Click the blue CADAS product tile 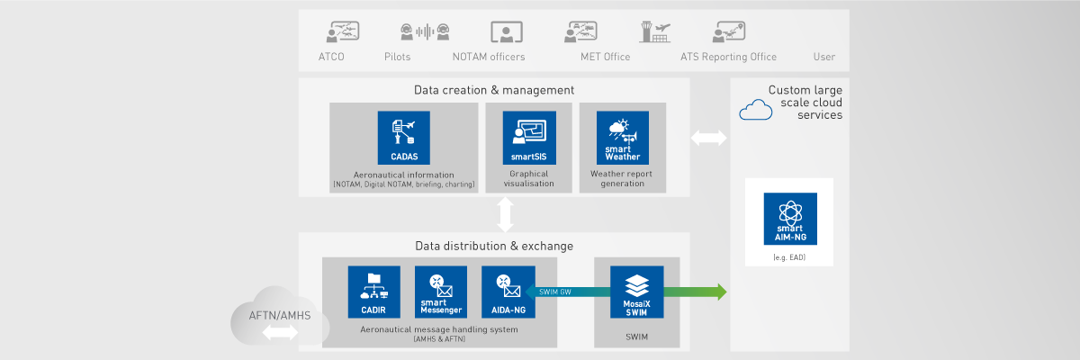tap(404, 138)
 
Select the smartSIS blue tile tap(529, 138)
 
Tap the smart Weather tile tap(622, 138)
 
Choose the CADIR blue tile tap(374, 292)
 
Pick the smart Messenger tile tap(441, 292)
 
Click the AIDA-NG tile tap(508, 292)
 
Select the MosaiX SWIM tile tap(636, 292)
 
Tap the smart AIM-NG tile tap(789, 219)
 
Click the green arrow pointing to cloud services tap(702, 292)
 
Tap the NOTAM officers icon tap(507, 32)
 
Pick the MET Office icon tap(580, 32)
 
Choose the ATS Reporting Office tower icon tap(652, 32)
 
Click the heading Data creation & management tap(494, 90)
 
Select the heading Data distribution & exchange tap(494, 246)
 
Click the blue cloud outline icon tap(755, 111)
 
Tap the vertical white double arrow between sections tap(505, 214)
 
